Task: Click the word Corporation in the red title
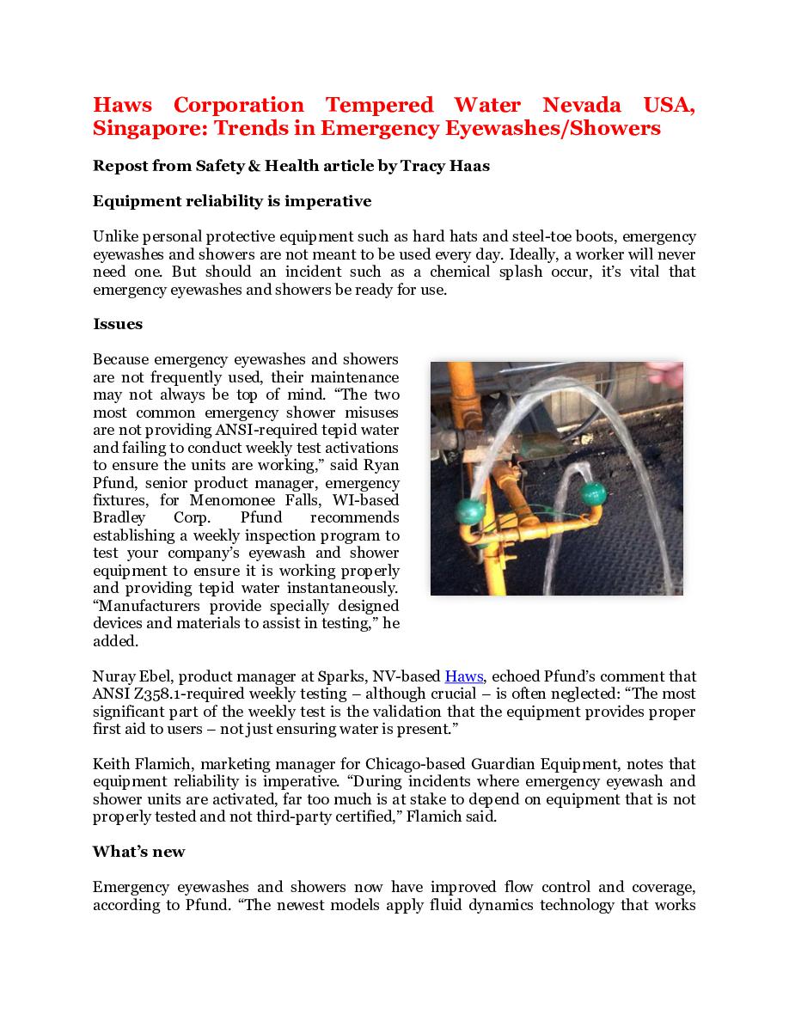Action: (x=238, y=106)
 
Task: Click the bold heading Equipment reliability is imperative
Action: (x=232, y=202)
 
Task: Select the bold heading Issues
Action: (x=118, y=325)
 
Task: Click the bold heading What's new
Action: (x=139, y=853)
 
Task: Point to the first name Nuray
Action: (x=112, y=677)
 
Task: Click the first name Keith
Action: (x=110, y=765)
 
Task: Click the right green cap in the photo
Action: (x=593, y=493)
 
